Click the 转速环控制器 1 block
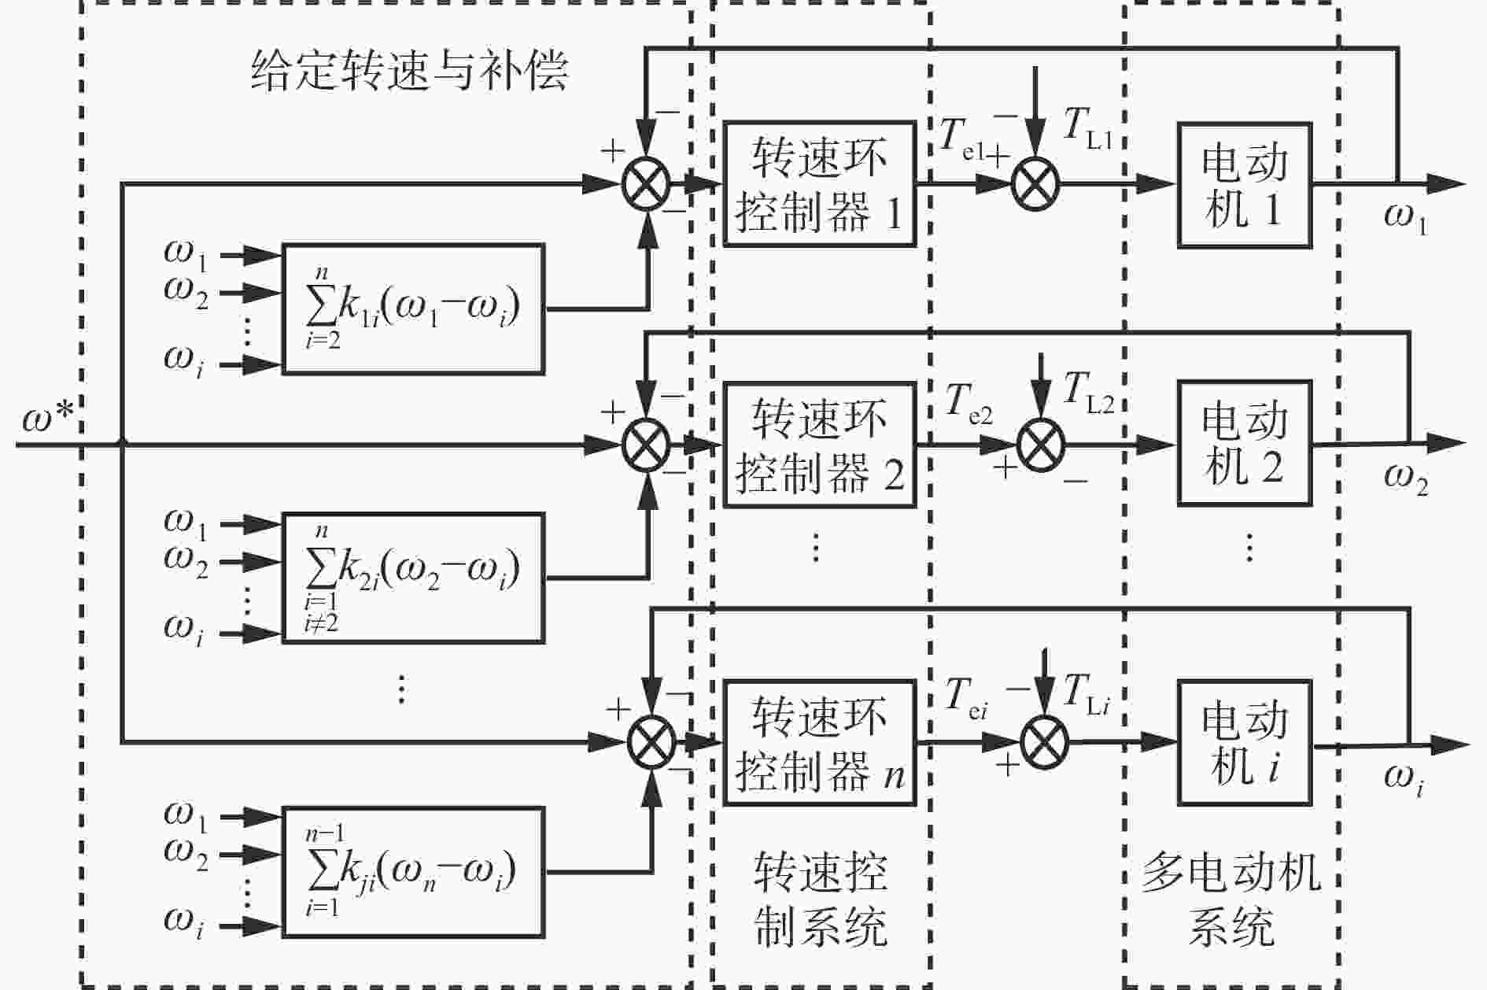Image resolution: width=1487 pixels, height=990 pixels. (820, 184)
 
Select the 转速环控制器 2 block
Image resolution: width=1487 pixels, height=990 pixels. (820, 445)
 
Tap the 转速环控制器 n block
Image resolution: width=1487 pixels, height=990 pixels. (820, 743)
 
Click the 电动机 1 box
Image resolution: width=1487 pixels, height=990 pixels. (1245, 185)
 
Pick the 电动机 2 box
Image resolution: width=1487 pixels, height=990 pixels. (1245, 443)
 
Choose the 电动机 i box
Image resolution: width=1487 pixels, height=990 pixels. (1245, 742)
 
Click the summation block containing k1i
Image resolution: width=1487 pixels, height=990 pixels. (413, 308)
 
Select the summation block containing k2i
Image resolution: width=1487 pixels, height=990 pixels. (413, 578)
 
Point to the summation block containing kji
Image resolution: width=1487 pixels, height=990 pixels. (413, 871)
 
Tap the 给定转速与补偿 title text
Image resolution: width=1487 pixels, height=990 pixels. (409, 71)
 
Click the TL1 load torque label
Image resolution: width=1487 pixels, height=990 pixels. (1087, 128)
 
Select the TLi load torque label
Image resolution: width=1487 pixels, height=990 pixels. (1087, 696)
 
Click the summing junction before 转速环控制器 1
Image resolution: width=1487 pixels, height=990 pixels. (646, 185)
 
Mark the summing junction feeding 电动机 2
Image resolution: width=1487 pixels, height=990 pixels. (1040, 445)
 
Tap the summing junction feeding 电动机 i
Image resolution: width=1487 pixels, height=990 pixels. (1044, 742)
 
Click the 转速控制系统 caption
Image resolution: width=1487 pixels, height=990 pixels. (821, 899)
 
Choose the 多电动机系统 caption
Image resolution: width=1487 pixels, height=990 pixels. (1231, 899)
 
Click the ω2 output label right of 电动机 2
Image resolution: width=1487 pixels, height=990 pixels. (1406, 480)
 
